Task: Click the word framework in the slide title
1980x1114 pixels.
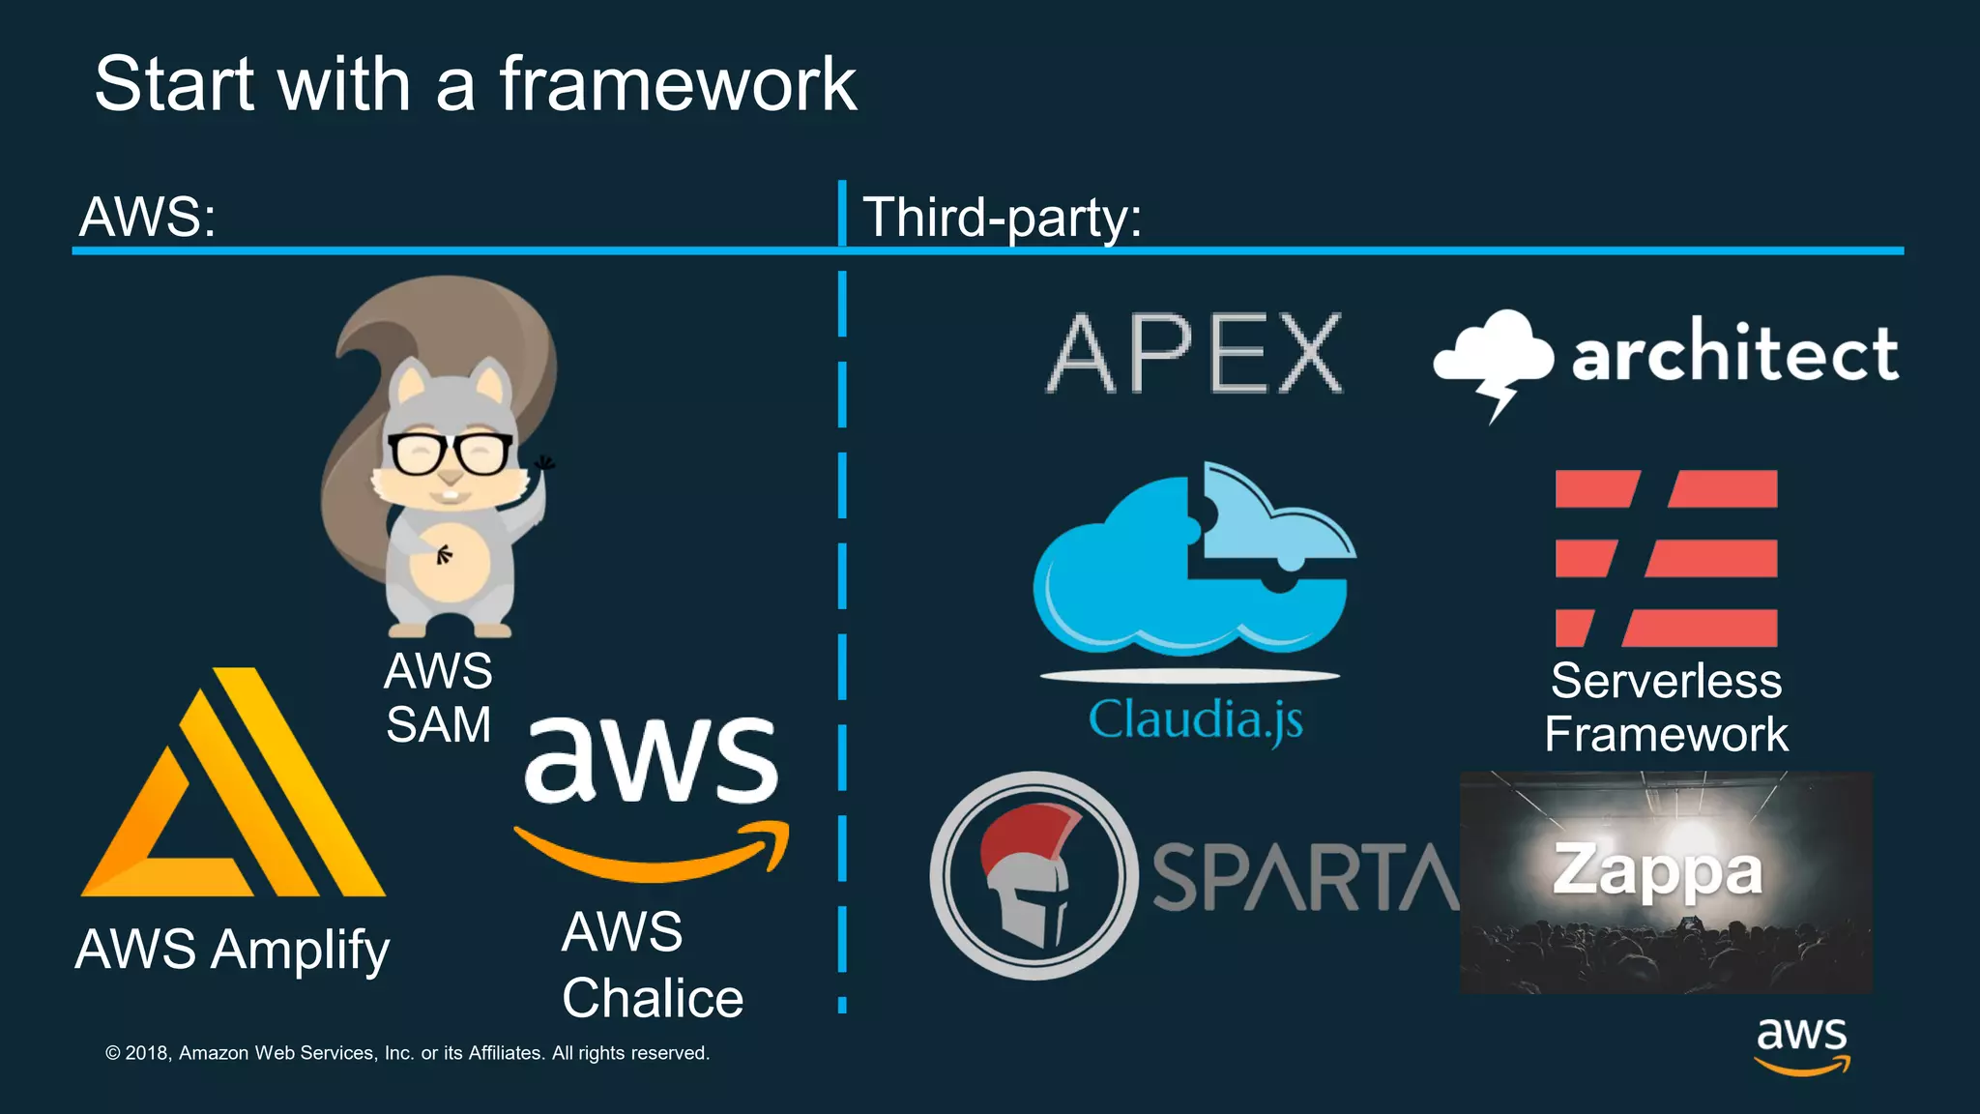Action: click(x=677, y=85)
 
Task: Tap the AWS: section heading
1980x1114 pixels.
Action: click(x=148, y=217)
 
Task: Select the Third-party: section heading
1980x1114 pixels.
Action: click(x=1002, y=217)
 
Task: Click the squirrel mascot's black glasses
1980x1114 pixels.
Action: click(x=450, y=453)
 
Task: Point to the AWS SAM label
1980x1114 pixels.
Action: click(x=439, y=697)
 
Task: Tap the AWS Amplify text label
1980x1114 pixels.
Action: click(x=232, y=950)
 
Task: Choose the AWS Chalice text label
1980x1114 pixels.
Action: click(x=652, y=965)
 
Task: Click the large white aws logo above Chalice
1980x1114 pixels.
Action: click(x=652, y=760)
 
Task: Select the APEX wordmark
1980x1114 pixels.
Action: click(x=1195, y=354)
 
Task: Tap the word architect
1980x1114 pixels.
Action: click(x=1734, y=354)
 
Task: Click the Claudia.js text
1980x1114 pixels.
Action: click(x=1195, y=720)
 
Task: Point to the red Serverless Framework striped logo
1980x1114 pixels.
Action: click(x=1666, y=558)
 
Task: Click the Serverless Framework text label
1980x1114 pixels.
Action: click(x=1666, y=707)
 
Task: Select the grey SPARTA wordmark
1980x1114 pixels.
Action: click(x=1305, y=877)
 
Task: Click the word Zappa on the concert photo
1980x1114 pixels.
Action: click(x=1658, y=870)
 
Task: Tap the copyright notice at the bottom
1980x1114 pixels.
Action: click(x=407, y=1053)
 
